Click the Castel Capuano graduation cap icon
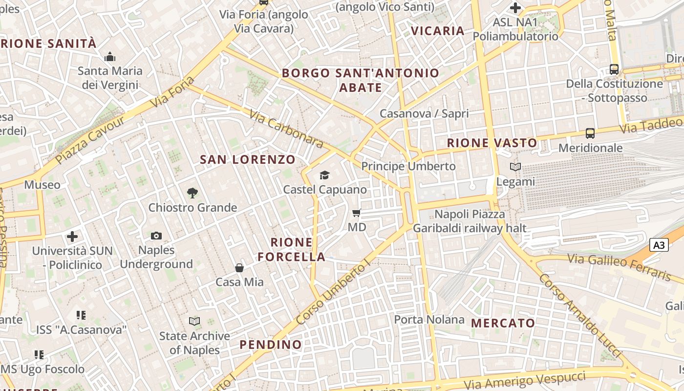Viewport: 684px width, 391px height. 324,175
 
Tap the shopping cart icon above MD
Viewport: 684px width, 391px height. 357,213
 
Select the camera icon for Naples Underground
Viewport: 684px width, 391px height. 156,236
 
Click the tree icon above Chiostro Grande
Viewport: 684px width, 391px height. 192,193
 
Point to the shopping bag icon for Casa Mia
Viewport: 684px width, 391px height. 239,268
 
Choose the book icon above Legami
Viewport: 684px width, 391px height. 515,167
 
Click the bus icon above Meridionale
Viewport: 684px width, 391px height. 590,133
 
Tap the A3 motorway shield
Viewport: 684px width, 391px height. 659,244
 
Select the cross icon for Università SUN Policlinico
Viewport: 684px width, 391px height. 72,237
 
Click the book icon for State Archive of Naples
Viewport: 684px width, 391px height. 194,321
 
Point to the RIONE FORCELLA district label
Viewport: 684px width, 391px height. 292,249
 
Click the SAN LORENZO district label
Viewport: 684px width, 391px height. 248,159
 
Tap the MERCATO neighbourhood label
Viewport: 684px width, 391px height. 503,323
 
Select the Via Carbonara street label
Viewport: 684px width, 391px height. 286,129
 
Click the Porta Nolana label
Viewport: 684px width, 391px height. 429,320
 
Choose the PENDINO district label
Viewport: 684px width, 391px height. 271,345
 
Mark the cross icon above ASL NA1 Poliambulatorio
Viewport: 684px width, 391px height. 515,8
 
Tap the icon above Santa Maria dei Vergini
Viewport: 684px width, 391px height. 110,57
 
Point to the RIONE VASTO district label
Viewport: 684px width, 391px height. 492,143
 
